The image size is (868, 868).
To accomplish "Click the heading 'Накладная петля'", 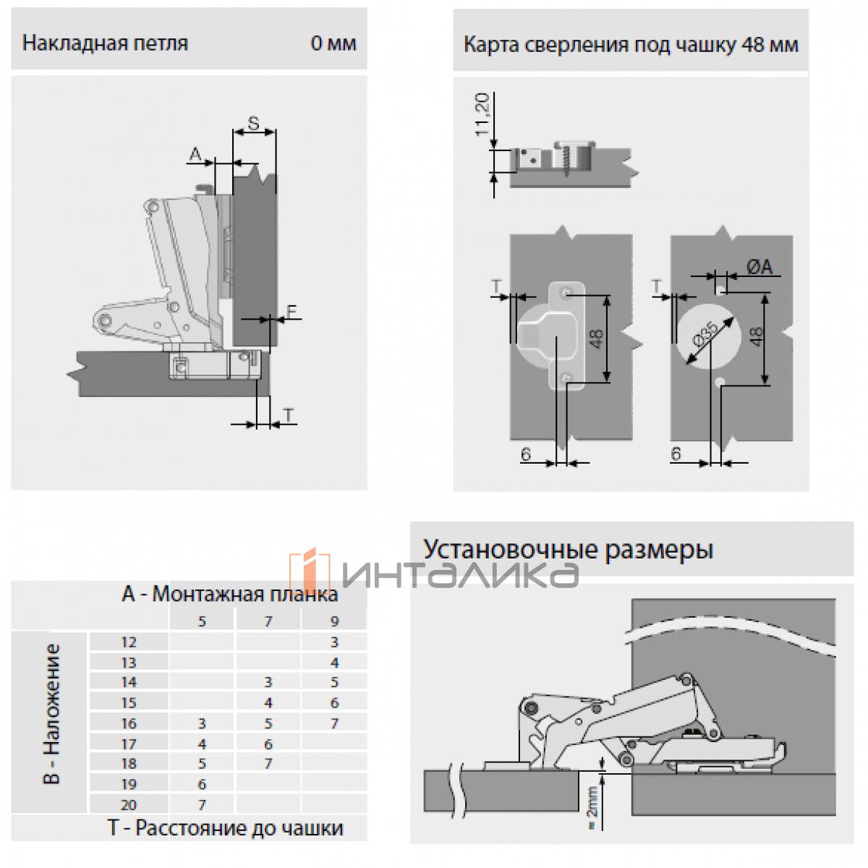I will coord(106,43).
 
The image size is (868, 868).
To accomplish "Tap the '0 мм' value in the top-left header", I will coord(333,43).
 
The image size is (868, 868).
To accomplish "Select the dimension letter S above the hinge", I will coord(254,123).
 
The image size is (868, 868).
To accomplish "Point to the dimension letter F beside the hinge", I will coord(292,312).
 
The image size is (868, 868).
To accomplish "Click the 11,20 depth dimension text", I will coord(482,114).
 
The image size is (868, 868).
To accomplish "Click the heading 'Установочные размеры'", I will coord(569,549).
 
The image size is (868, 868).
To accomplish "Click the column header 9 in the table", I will coord(333,621).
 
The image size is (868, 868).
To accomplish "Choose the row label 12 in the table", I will coord(129,642).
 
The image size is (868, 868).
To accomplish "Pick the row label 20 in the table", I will coord(129,804).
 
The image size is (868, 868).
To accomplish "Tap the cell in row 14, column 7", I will coord(268,682).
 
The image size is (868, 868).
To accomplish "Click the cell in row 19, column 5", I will coord(202,784).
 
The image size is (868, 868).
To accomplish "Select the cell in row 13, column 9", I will coord(334,662).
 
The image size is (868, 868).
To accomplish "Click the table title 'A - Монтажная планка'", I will coord(229,595).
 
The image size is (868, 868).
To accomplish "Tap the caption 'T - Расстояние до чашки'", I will coord(226,828).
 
